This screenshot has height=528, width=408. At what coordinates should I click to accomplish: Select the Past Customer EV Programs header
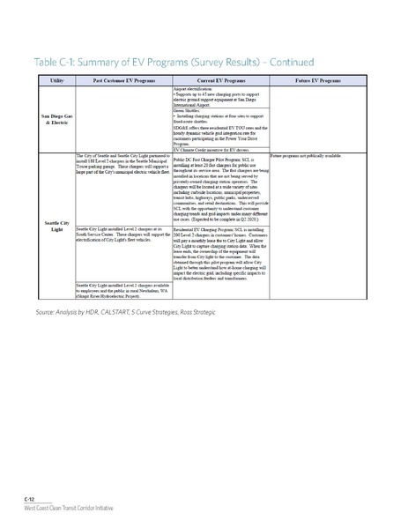[x=124, y=79]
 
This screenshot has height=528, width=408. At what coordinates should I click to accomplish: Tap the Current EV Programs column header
[x=220, y=79]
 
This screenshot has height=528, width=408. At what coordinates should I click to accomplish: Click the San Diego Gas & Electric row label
[x=51, y=118]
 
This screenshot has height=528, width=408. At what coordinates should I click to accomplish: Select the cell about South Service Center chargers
[x=124, y=232]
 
